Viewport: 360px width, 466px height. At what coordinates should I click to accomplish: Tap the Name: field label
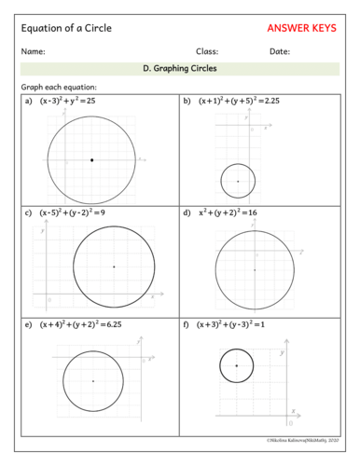33,51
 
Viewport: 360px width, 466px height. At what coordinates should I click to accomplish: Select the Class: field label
207,51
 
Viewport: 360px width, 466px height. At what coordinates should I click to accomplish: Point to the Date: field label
280,51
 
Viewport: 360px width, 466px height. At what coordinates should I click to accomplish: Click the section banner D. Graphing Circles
179,68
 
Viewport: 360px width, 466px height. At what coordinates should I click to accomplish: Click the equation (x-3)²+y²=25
74,100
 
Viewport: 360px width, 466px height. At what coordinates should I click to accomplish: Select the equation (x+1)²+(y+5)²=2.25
238,100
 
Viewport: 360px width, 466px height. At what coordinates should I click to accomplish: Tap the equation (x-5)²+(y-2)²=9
76,212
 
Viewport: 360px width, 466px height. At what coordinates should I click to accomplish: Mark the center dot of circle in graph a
91,160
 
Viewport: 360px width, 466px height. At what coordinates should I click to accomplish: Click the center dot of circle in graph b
238,181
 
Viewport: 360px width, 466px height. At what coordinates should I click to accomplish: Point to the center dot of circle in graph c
114,267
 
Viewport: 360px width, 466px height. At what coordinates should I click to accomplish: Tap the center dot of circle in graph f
237,365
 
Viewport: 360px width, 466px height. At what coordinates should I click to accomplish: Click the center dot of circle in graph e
93,381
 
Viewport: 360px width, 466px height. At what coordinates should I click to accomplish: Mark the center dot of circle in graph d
254,270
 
